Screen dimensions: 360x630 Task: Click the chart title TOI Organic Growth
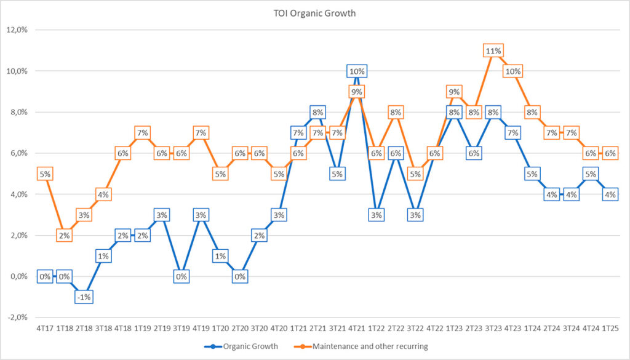(x=315, y=13)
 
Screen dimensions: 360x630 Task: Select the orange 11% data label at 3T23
(x=493, y=51)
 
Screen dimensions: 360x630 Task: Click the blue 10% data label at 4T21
(x=357, y=71)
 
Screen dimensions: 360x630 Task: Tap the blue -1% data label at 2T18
(x=84, y=297)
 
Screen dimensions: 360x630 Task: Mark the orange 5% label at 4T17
(x=44, y=174)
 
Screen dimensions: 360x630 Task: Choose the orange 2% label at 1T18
(x=64, y=236)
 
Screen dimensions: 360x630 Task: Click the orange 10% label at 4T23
(x=512, y=71)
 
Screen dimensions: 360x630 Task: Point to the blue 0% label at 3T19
(x=181, y=277)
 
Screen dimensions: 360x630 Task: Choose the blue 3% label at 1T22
(x=376, y=215)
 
